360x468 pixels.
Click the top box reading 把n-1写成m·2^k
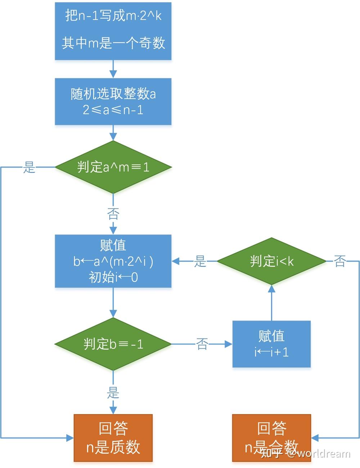(113, 31)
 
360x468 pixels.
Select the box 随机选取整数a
(113, 102)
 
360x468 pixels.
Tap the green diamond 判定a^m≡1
(113, 167)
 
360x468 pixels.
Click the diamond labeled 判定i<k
(271, 261)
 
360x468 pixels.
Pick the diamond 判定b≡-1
(113, 344)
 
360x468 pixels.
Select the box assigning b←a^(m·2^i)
(113, 261)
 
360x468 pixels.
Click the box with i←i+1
(271, 344)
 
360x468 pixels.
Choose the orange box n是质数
(113, 438)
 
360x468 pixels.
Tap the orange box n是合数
(271, 438)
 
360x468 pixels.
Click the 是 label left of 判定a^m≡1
(29, 167)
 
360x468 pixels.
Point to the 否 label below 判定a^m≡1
(113, 214)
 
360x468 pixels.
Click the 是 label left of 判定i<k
(200, 261)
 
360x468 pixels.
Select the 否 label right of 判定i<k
(339, 261)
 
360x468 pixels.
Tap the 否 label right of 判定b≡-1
(202, 344)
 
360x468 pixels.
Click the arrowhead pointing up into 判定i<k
(271, 288)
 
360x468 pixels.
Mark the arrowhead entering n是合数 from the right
(315, 438)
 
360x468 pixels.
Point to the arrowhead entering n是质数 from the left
(70, 438)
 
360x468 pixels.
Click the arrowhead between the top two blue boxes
(113, 74)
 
